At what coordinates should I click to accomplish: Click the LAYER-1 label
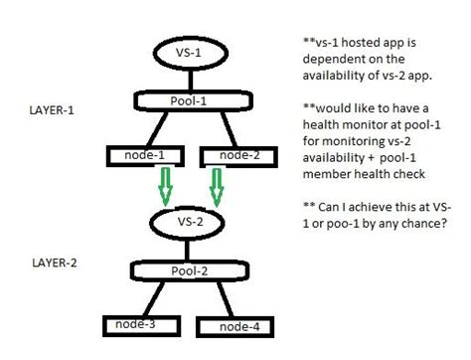click(x=50, y=113)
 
